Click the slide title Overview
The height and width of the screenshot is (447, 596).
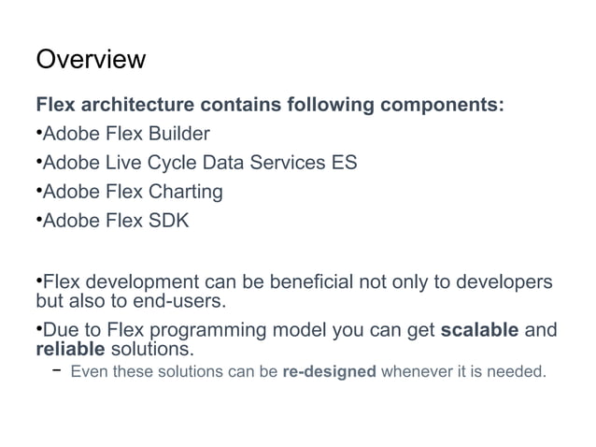click(91, 61)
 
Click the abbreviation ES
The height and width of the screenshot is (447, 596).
click(343, 163)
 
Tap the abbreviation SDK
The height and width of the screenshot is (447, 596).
click(168, 222)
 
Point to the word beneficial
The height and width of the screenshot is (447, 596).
click(303, 282)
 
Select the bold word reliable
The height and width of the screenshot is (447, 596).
click(71, 351)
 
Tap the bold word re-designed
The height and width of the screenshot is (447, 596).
click(329, 372)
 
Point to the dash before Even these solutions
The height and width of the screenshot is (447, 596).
click(57, 371)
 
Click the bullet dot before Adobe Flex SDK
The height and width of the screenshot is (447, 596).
click(38, 221)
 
